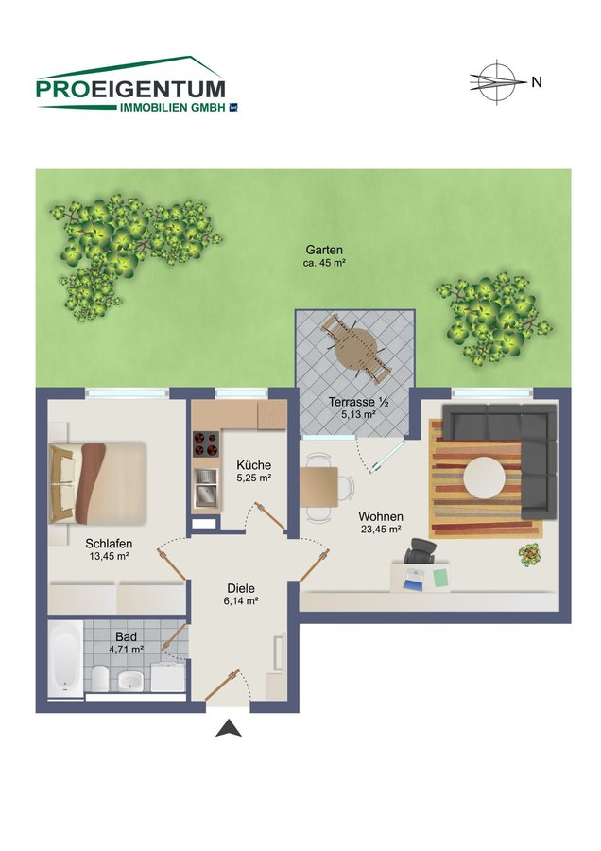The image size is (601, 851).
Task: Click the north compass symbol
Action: (497, 82)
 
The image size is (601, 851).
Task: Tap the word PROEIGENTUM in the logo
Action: (130, 90)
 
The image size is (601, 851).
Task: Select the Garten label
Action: (324, 251)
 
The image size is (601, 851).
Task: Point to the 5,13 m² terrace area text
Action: (358, 415)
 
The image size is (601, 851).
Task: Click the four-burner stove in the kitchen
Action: (206, 444)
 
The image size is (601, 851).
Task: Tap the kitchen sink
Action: (206, 487)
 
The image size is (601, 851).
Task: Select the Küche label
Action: (254, 465)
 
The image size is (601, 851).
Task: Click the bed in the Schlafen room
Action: (97, 483)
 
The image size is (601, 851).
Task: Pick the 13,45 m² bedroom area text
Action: (109, 556)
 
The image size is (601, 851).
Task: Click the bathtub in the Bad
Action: (65, 659)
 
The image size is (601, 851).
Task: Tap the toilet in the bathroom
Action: (100, 678)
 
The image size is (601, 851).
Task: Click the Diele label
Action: (241, 588)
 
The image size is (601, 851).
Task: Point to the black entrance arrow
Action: (229, 728)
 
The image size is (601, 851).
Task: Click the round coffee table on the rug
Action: (485, 478)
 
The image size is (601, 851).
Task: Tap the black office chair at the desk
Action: (421, 551)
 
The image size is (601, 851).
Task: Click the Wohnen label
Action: (381, 516)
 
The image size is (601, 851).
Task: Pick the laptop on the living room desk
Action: (413, 580)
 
